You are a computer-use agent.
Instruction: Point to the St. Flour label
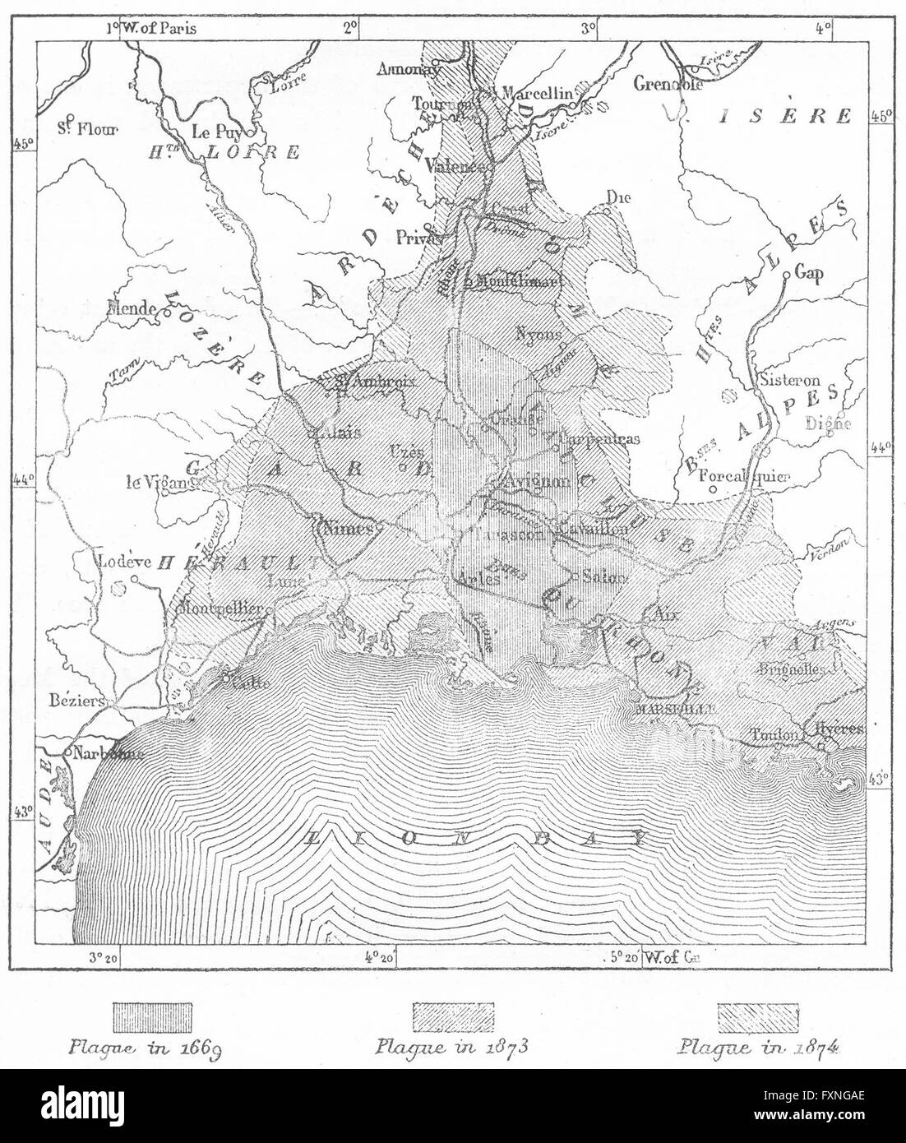coord(88,127)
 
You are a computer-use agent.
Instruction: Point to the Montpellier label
coord(218,609)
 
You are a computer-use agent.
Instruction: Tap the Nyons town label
coord(539,334)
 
